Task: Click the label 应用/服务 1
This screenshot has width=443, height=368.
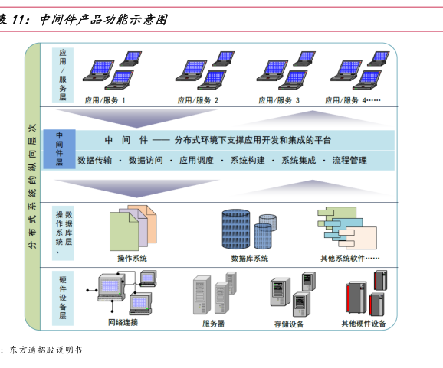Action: pyautogui.click(x=105, y=100)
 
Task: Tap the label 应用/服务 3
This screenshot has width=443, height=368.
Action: pyautogui.click(x=278, y=100)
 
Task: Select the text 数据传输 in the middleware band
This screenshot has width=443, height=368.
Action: pyautogui.click(x=94, y=160)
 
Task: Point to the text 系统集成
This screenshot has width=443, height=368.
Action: pyautogui.click(x=298, y=160)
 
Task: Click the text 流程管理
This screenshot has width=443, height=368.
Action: pyautogui.click(x=349, y=160)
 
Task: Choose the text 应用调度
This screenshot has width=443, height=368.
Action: pyautogui.click(x=196, y=160)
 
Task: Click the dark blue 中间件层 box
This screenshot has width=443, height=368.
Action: pyautogui.click(x=59, y=149)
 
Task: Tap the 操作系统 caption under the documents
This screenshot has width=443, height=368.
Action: pyautogui.click(x=132, y=258)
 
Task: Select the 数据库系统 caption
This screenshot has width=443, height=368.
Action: pyautogui.click(x=249, y=258)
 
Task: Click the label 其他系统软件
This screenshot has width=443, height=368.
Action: pyautogui.click(x=343, y=258)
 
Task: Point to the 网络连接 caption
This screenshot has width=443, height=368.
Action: pyautogui.click(x=123, y=322)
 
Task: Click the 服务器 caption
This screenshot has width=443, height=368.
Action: pyautogui.click(x=213, y=323)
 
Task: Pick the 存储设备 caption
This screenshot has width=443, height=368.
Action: pyautogui.click(x=289, y=324)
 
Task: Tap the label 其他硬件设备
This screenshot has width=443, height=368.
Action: pyautogui.click(x=363, y=323)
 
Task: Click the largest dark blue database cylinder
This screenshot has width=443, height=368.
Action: pyautogui.click(x=236, y=229)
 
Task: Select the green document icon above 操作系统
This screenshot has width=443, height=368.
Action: pyautogui.click(x=124, y=231)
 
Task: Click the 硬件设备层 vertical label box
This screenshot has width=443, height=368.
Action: pyautogui.click(x=63, y=298)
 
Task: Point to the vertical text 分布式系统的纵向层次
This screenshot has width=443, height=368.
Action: pyautogui.click(x=32, y=186)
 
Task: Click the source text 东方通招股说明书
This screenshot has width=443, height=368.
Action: pyautogui.click(x=46, y=350)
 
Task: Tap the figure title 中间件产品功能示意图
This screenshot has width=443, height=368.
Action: pyautogui.click(x=104, y=19)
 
